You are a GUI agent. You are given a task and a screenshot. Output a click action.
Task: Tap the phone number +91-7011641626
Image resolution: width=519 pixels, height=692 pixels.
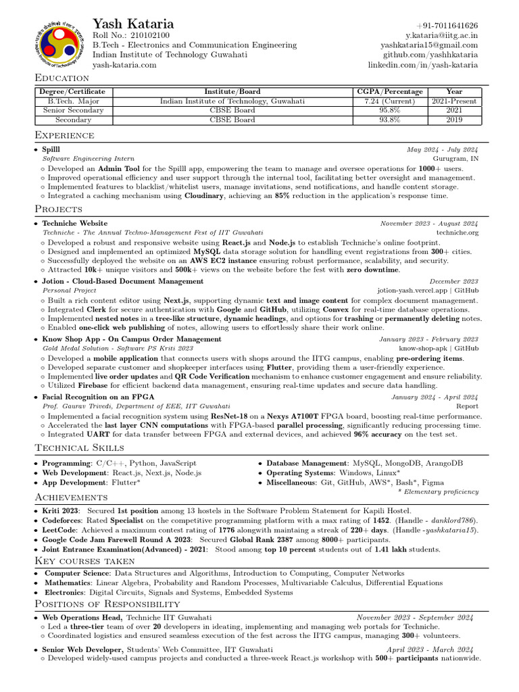[447, 25]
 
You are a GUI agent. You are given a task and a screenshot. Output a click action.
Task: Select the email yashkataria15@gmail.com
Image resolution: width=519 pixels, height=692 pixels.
[429, 45]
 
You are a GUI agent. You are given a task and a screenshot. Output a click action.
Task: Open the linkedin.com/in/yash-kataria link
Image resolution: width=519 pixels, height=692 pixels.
[422, 65]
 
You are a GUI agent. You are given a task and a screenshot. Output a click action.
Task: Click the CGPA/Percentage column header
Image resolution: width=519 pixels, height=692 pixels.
[390, 91]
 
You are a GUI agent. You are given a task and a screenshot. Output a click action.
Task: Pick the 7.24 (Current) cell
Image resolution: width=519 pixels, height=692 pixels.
[390, 101]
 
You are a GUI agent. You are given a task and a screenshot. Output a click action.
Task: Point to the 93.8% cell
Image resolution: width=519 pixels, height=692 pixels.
[390, 120]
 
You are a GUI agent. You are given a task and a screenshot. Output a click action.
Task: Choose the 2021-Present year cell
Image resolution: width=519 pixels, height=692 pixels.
[454, 101]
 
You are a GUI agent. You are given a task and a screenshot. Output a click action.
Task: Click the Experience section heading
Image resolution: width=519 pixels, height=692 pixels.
[64, 135]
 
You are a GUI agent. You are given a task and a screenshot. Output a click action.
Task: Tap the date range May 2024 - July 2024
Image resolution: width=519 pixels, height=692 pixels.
[442, 149]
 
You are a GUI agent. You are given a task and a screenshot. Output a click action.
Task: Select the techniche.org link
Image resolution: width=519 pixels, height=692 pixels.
[458, 232]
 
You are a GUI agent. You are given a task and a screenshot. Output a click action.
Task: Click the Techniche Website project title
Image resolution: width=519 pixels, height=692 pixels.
[74, 223]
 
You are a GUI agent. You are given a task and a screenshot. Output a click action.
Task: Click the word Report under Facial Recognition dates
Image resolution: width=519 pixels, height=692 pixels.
[467, 406]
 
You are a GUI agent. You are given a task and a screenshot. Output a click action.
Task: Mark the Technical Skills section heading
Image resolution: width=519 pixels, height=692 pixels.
[79, 448]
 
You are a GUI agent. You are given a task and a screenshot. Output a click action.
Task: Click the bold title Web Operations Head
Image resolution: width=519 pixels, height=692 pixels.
[82, 617]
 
